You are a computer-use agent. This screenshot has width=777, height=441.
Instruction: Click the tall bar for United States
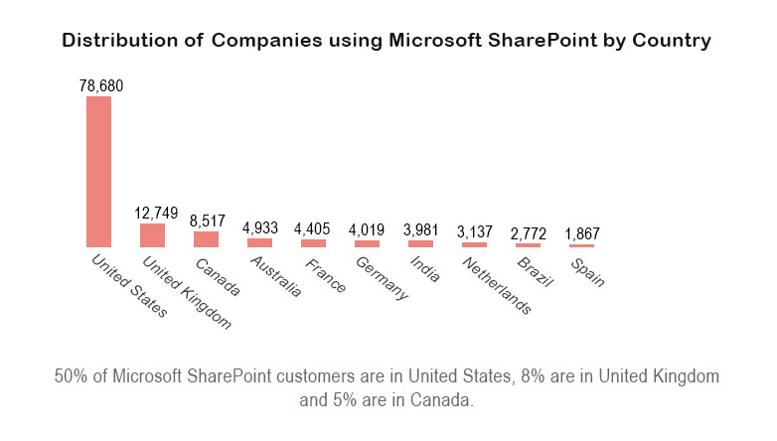click(x=99, y=171)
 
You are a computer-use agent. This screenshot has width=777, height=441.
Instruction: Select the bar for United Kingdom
click(x=152, y=235)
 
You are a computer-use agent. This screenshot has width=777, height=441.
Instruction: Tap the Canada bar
click(x=206, y=239)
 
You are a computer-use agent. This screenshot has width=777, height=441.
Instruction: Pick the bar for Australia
click(x=259, y=242)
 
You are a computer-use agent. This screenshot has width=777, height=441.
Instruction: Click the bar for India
click(x=420, y=243)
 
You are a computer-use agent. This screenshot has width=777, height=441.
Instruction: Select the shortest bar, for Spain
click(x=581, y=245)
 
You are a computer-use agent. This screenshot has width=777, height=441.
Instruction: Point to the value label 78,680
click(x=100, y=86)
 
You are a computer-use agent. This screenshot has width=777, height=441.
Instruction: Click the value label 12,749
click(x=156, y=214)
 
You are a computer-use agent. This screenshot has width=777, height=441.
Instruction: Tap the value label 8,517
click(x=208, y=221)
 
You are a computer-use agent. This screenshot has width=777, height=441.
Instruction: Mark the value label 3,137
click(x=474, y=232)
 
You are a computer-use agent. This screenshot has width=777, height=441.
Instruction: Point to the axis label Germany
click(x=382, y=278)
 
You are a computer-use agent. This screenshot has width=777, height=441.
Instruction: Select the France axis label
click(x=326, y=275)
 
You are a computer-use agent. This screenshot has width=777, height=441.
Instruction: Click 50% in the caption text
click(x=71, y=377)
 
